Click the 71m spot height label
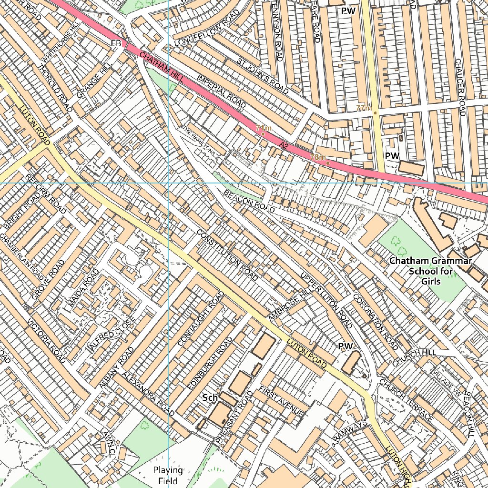coord(264,128)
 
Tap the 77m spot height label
coord(364,108)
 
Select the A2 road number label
coord(285,144)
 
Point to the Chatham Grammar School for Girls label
coord(430,271)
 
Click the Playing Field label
coord(168,476)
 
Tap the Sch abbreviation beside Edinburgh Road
coord(210,397)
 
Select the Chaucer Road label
coord(460,87)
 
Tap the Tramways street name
coord(351,433)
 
